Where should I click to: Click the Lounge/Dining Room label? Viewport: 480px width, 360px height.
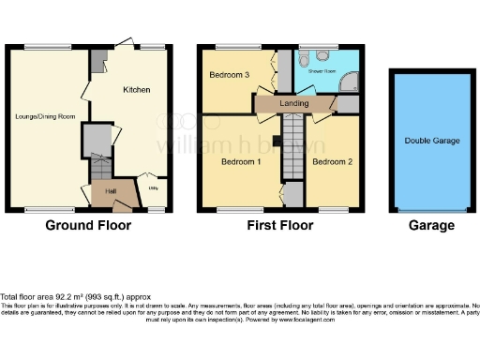(x=45, y=117)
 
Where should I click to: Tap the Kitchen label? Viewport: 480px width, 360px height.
(x=138, y=90)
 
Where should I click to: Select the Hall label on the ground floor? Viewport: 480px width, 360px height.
(x=111, y=191)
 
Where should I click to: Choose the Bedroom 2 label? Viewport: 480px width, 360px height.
(x=331, y=162)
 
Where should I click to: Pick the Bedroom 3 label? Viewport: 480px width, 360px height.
(x=228, y=75)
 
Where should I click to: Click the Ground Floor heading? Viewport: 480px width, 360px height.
(x=90, y=225)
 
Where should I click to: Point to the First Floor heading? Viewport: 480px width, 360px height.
(x=278, y=225)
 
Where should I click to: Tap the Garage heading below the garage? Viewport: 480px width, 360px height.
(x=431, y=225)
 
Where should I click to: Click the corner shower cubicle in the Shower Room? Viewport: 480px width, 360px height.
(x=349, y=83)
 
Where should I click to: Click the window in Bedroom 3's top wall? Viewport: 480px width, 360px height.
(x=230, y=46)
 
